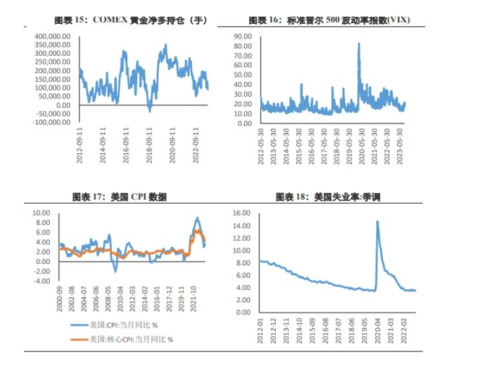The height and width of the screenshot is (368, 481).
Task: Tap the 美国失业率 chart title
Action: (328, 197)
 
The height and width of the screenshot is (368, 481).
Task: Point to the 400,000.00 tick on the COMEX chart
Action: (51, 35)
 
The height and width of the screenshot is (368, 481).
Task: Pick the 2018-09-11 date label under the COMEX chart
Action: (149, 145)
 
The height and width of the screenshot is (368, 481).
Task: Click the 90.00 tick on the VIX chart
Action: (246, 35)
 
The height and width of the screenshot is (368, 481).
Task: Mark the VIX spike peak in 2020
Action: (359, 43)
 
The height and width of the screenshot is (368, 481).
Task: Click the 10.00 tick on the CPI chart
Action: (42, 213)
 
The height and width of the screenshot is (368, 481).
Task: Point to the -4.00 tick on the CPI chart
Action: (42, 281)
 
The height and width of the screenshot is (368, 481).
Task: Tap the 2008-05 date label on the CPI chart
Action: (109, 299)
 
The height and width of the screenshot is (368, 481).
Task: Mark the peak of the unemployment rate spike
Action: (377, 221)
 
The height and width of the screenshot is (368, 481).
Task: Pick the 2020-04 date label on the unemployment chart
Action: (377, 332)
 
